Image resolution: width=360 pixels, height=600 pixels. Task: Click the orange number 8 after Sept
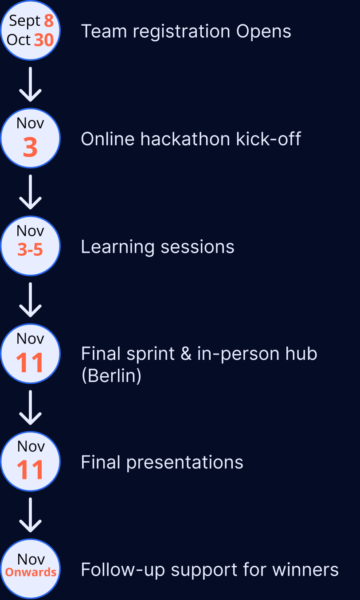(49, 21)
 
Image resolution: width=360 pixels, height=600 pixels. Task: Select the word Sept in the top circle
(24, 21)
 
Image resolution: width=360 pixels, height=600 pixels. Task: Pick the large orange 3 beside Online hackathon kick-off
(30, 147)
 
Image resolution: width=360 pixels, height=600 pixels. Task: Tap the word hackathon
(185, 139)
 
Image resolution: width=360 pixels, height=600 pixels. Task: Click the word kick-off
(269, 139)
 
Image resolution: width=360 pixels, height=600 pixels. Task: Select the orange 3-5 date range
(30, 249)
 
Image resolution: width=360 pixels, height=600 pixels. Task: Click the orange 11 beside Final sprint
(30, 363)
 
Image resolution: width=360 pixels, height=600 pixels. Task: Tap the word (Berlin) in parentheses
(111, 376)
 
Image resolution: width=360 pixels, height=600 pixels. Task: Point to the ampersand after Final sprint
(186, 354)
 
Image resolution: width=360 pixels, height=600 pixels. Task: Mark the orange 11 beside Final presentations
(30, 470)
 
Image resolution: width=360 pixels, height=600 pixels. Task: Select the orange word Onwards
(31, 573)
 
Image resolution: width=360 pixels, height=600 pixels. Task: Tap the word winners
(305, 569)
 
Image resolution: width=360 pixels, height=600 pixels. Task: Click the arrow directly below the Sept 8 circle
(30, 84)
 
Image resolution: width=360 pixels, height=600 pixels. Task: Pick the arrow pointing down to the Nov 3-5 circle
(30, 192)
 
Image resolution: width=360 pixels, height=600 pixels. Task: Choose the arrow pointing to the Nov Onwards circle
(30, 515)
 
